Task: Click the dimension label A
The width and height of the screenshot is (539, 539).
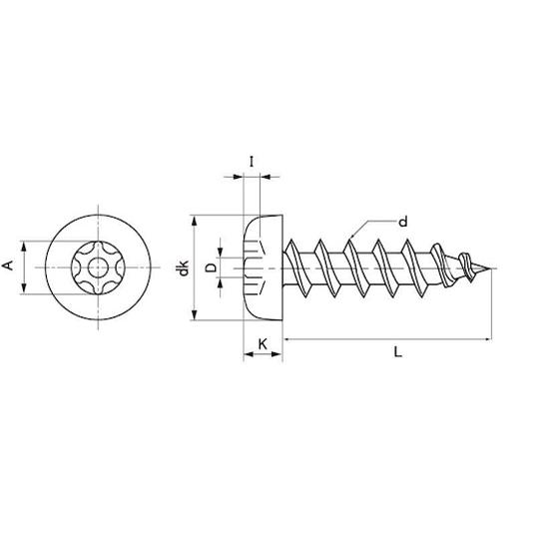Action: point(8,266)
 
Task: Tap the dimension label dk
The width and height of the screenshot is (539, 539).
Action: point(183,268)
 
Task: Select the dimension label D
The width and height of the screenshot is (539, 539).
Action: point(211,268)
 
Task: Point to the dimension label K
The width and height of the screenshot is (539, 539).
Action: point(263,343)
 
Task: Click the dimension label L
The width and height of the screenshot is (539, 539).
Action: point(397,351)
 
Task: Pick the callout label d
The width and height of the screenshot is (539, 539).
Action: point(403,221)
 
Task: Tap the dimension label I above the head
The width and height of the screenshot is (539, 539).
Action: point(252,162)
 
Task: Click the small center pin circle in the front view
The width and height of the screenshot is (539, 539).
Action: point(98,268)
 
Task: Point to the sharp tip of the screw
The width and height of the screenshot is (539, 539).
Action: point(490,269)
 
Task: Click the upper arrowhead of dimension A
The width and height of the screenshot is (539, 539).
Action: point(24,247)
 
